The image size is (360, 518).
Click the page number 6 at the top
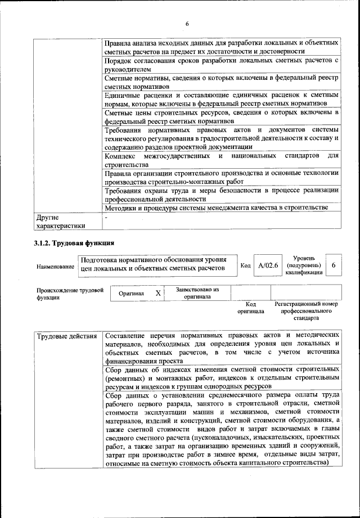tap(186, 23)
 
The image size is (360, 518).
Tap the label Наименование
tap(56, 265)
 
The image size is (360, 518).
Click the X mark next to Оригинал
tap(158, 293)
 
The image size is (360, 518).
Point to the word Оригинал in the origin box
tap(131, 294)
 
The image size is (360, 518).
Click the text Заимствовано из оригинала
tap(196, 293)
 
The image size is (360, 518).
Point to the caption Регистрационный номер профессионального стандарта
tap(307, 310)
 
